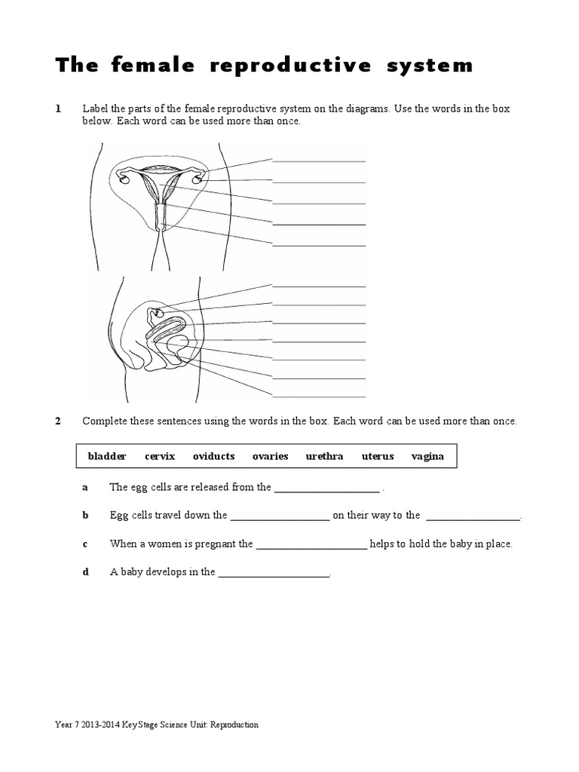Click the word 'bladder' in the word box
[x=107, y=456]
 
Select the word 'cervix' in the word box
[x=160, y=456]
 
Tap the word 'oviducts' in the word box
[x=213, y=456]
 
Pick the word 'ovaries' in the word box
[x=270, y=456]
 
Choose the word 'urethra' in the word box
[x=324, y=456]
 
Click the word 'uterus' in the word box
[x=378, y=456]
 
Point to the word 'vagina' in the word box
[x=427, y=456]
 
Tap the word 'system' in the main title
[x=429, y=66]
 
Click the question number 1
[x=58, y=109]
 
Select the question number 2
[x=58, y=421]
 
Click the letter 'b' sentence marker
[x=85, y=516]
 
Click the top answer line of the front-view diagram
[x=318, y=161]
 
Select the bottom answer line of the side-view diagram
[x=318, y=396]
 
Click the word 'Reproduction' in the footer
[x=234, y=725]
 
